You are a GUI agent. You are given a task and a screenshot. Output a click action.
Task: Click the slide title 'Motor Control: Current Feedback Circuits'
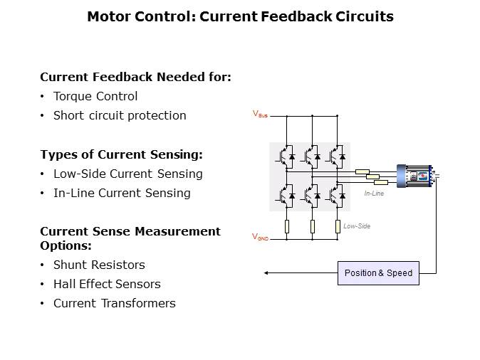pyautogui.click(x=240, y=16)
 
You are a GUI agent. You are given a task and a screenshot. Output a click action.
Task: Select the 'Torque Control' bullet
pyautogui.click(x=95, y=96)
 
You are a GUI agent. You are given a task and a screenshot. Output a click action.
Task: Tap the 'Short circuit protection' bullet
pyautogui.click(x=120, y=115)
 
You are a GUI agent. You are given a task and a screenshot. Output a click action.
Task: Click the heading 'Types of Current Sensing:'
pyautogui.click(x=121, y=154)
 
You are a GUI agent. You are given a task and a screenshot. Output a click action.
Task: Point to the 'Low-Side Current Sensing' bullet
pyautogui.click(x=127, y=174)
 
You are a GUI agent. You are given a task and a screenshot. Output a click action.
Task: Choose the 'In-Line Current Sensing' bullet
pyautogui.click(x=122, y=193)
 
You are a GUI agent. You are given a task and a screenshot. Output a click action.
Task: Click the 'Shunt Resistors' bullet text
pyautogui.click(x=99, y=265)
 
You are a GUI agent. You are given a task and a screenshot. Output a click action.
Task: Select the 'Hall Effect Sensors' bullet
pyautogui.click(x=107, y=284)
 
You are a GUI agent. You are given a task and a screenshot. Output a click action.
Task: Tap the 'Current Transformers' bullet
pyautogui.click(x=114, y=303)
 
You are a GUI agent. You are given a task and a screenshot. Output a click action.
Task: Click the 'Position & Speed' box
pyautogui.click(x=378, y=273)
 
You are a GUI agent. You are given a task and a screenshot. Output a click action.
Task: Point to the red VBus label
pyautogui.click(x=260, y=114)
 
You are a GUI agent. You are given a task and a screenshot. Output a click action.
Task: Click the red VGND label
pyautogui.click(x=261, y=237)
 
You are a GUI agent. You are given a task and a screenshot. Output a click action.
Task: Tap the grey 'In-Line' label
pyautogui.click(x=374, y=194)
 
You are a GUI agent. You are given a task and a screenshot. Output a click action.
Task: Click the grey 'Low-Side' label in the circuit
pyautogui.click(x=357, y=226)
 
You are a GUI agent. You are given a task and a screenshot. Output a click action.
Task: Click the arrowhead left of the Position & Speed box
pyautogui.click(x=266, y=273)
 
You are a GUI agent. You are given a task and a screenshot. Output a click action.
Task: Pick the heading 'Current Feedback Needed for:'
pyautogui.click(x=135, y=77)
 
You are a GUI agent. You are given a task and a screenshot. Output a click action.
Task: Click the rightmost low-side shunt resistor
pyautogui.click(x=337, y=226)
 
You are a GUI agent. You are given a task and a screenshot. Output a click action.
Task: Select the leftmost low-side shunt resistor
pyautogui.click(x=286, y=226)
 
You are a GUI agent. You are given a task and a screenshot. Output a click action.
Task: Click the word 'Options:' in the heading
pyautogui.click(x=66, y=245)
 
